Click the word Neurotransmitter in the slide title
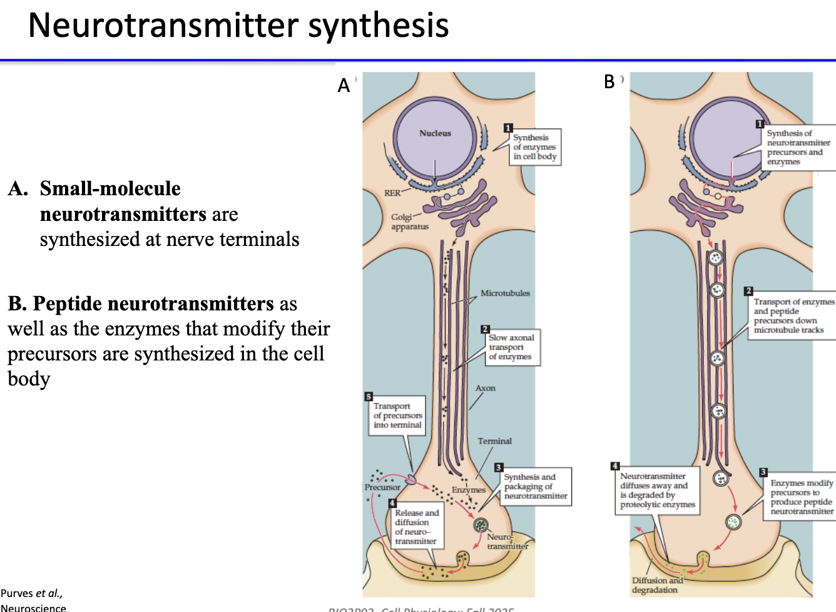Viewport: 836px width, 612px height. coord(164,26)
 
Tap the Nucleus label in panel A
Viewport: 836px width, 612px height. coord(435,133)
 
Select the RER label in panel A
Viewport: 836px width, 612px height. coord(392,193)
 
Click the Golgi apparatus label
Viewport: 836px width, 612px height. coord(409,222)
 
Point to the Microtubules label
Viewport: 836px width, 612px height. coord(505,293)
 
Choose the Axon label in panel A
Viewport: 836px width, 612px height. coord(485,388)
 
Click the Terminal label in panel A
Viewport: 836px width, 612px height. coord(494,441)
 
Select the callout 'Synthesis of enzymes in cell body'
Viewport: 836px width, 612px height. coord(534,147)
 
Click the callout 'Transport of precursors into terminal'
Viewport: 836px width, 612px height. coord(397,415)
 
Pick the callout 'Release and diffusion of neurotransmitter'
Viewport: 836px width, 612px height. coord(416,527)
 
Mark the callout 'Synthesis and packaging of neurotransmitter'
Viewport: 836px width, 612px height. coord(536,486)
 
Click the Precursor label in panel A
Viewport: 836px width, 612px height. coord(382,487)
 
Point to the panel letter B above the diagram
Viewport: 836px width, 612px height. coord(609,82)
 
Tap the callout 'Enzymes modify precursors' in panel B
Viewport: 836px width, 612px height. coord(802,497)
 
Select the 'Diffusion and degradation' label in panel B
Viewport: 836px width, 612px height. coord(656,585)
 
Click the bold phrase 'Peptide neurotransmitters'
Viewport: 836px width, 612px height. coord(153,303)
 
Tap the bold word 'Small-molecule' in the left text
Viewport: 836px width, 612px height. coord(110,188)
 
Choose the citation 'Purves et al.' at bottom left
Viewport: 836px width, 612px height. coord(31,593)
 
